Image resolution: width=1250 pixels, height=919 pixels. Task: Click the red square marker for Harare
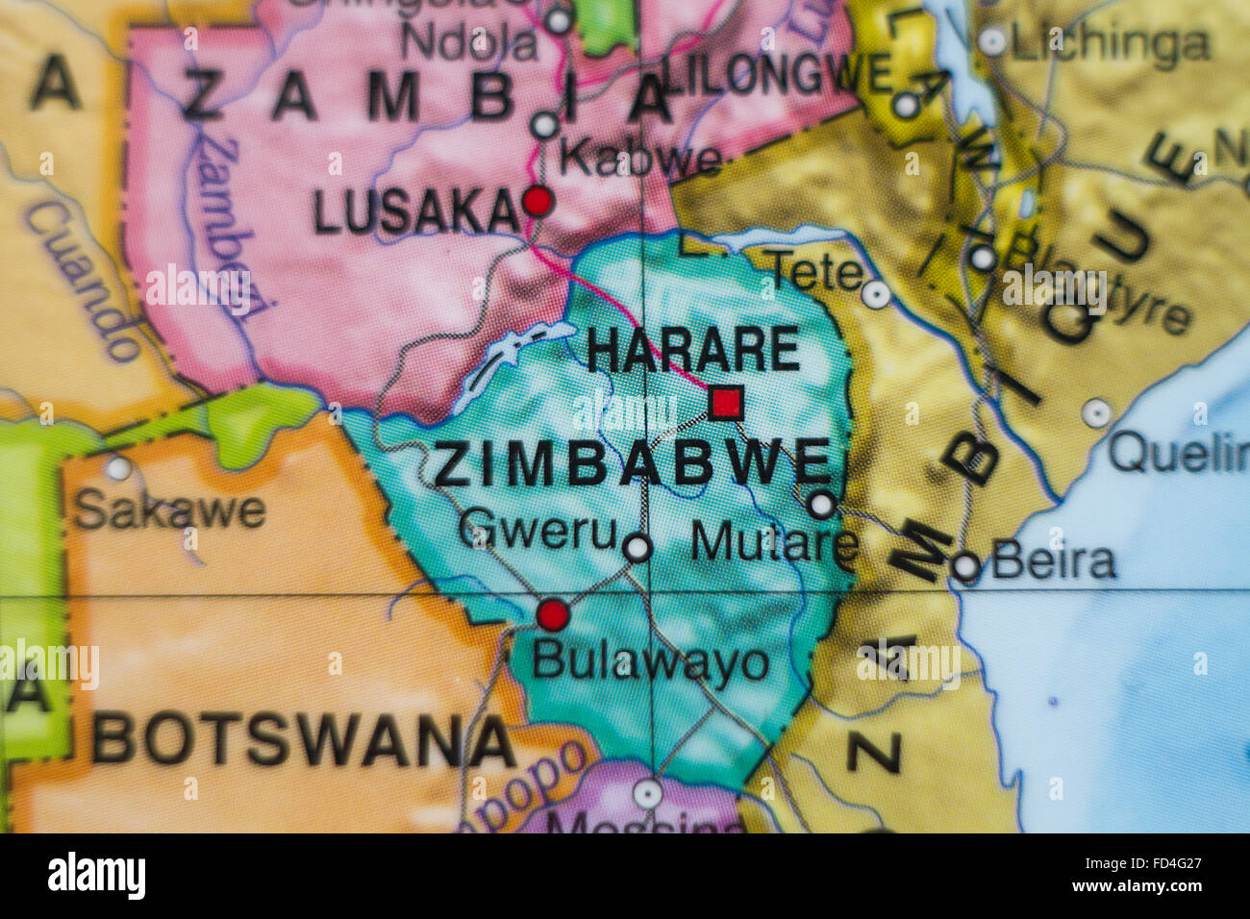point(725,402)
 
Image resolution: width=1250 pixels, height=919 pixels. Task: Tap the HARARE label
point(692,350)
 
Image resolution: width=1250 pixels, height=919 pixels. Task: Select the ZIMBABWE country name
point(632,464)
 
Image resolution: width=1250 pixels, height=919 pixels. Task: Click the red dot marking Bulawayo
point(553,614)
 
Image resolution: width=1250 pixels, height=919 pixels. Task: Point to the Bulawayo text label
point(650,662)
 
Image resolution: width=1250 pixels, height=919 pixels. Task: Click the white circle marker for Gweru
point(637,548)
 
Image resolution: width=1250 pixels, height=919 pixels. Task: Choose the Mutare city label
point(774,543)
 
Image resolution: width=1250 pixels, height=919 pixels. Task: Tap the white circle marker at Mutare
point(820,505)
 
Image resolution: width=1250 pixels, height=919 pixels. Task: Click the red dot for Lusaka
point(537,201)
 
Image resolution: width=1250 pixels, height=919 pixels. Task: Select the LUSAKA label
point(415,213)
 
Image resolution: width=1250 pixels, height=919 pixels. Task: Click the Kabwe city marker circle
point(545,125)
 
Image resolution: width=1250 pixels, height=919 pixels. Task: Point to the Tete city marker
point(875,293)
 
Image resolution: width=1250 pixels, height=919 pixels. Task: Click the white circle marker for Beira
point(965,567)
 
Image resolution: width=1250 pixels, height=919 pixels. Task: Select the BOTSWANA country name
point(304,741)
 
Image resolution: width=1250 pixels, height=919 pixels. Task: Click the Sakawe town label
point(169,510)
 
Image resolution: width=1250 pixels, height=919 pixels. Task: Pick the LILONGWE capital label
point(778,75)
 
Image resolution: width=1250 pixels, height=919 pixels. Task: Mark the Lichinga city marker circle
point(991,41)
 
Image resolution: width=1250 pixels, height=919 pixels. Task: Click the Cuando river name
point(81,283)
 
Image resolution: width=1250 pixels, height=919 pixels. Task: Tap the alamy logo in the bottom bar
point(96,877)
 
